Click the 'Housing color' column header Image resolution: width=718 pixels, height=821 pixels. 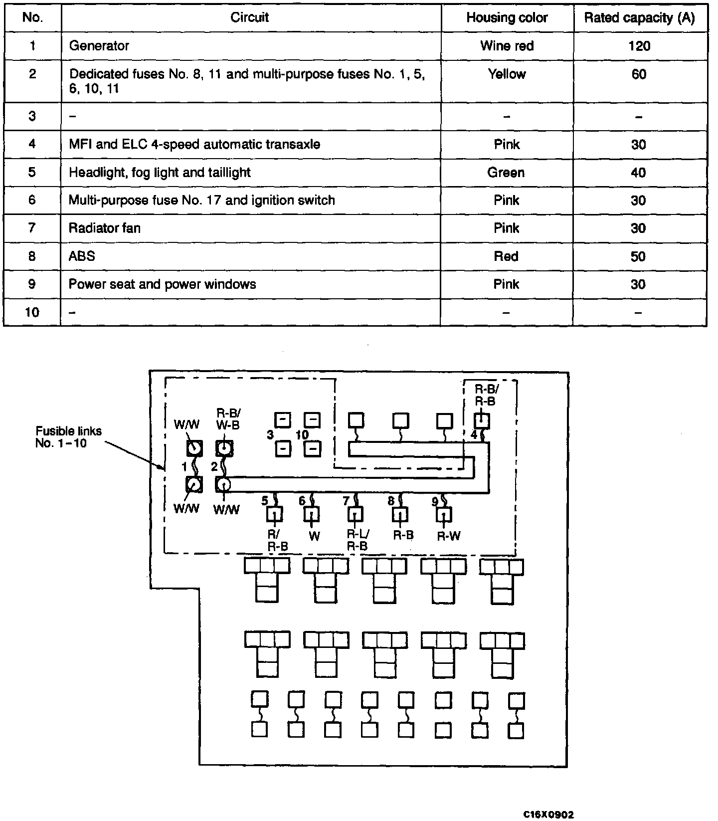point(507,18)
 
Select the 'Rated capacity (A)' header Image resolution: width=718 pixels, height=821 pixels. point(639,18)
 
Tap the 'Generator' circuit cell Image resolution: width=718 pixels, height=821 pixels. point(99,46)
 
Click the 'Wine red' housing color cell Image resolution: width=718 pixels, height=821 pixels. point(507,46)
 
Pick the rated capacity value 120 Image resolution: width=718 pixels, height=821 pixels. point(639,46)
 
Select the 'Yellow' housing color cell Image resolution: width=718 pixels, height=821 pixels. point(507,74)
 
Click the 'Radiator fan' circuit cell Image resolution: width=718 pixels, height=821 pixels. point(105,228)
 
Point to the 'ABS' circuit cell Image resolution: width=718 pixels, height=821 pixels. point(82,256)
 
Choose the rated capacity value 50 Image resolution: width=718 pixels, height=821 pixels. point(639,256)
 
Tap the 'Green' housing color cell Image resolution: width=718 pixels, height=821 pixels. point(506,173)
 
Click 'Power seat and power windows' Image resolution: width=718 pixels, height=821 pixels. point(163,284)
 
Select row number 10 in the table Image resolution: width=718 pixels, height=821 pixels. point(32,312)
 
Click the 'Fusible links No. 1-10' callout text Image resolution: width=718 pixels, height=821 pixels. point(68,437)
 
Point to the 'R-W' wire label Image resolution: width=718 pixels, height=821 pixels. point(449,536)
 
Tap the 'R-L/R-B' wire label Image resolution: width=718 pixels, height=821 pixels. point(358,540)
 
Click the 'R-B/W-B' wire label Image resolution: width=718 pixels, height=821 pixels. point(228,419)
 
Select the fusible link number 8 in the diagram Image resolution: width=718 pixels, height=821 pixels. point(391,500)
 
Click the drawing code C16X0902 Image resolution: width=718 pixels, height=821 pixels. point(548,815)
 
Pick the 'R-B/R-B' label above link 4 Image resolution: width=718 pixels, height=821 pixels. point(485,396)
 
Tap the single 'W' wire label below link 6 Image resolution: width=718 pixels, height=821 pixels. point(314,536)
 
